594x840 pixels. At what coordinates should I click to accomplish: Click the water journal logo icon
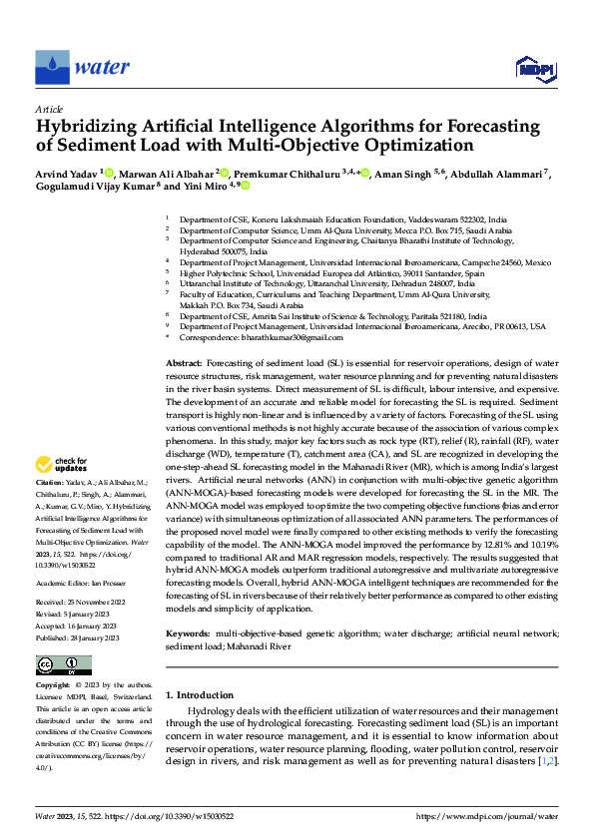pyautogui.click(x=52, y=67)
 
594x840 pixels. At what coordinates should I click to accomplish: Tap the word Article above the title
pyautogui.click(x=49, y=109)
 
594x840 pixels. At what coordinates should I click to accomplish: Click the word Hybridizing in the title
pyautogui.click(x=87, y=127)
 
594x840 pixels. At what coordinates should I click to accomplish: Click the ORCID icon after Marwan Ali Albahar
pyautogui.click(x=226, y=173)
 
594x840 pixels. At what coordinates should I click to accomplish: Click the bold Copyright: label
pyautogui.click(x=53, y=686)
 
